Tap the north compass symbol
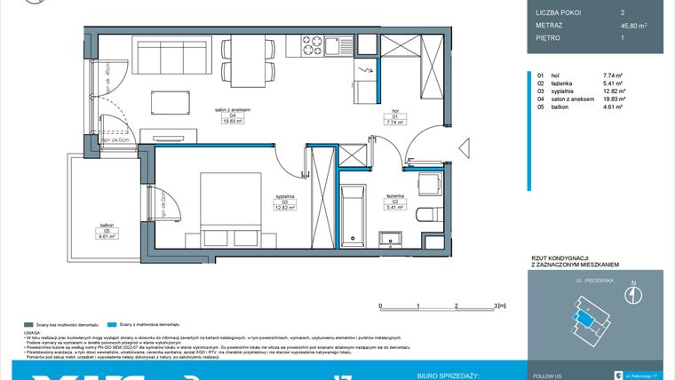pos(631,296)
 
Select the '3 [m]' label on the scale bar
pos(498,304)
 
